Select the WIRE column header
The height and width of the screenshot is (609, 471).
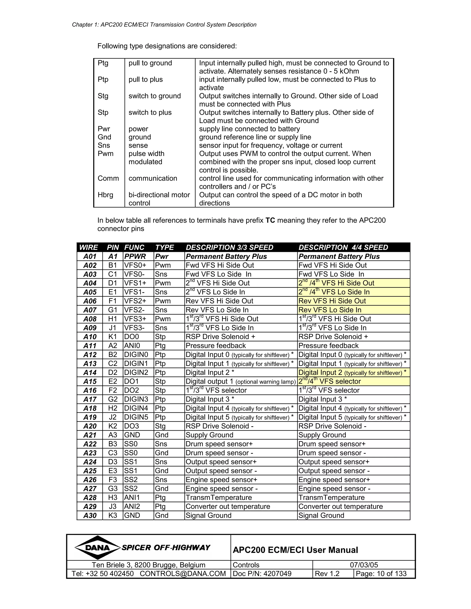[89, 247]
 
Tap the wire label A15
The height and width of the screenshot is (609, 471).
[90, 381]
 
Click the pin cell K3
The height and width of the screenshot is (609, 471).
[113, 515]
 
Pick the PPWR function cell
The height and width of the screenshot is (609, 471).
[135, 256]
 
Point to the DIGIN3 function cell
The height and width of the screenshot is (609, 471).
[136, 399]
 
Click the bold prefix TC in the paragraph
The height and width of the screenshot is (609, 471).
[270, 220]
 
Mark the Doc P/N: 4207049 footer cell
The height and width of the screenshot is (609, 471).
[262, 574]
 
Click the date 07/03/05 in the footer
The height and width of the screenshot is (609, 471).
[364, 565]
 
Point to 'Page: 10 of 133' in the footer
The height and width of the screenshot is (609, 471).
[381, 574]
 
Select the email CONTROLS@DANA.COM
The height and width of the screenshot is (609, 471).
[183, 574]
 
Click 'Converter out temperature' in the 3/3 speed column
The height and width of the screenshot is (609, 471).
[228, 506]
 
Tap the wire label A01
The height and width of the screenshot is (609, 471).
[90, 256]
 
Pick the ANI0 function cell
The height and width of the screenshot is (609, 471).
[132, 346]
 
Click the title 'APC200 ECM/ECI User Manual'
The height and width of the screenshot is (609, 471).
[295, 550]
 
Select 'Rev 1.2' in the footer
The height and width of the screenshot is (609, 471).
[327, 574]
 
